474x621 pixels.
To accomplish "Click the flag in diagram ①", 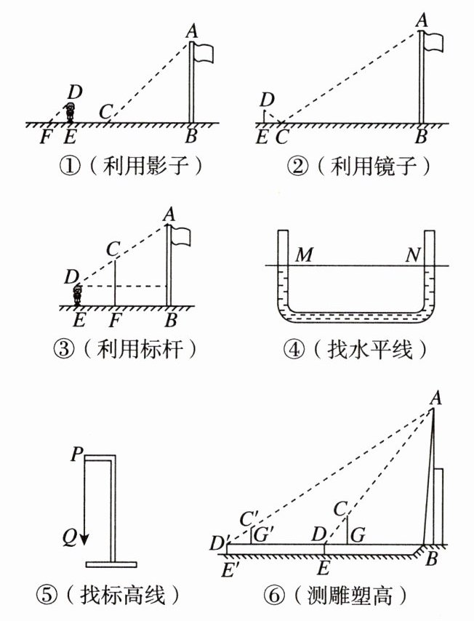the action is [204, 52].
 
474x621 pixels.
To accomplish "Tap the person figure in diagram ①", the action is [70, 112].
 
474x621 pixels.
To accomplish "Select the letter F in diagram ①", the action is [46, 137].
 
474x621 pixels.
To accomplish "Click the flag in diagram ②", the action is [433, 41].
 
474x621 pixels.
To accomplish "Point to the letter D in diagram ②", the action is [268, 100].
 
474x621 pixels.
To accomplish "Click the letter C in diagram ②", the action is [281, 137].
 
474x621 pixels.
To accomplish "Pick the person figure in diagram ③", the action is [77, 295].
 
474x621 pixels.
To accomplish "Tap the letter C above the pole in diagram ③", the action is [113, 249].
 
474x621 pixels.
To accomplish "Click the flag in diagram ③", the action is [181, 236].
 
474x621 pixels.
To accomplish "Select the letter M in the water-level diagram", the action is [304, 255].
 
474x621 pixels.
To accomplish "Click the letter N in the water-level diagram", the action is [413, 255].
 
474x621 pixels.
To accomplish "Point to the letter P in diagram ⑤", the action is [77, 454].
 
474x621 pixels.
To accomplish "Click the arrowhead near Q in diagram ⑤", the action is [85, 540].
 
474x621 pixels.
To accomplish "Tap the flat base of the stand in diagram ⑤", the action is [111, 564].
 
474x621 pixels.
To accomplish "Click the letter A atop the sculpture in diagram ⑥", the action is [435, 398].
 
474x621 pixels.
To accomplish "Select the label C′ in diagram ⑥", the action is [249, 518].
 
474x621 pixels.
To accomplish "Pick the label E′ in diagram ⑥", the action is [228, 570].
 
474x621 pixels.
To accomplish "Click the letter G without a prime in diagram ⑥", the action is [358, 535].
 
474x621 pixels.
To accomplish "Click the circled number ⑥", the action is [274, 596].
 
